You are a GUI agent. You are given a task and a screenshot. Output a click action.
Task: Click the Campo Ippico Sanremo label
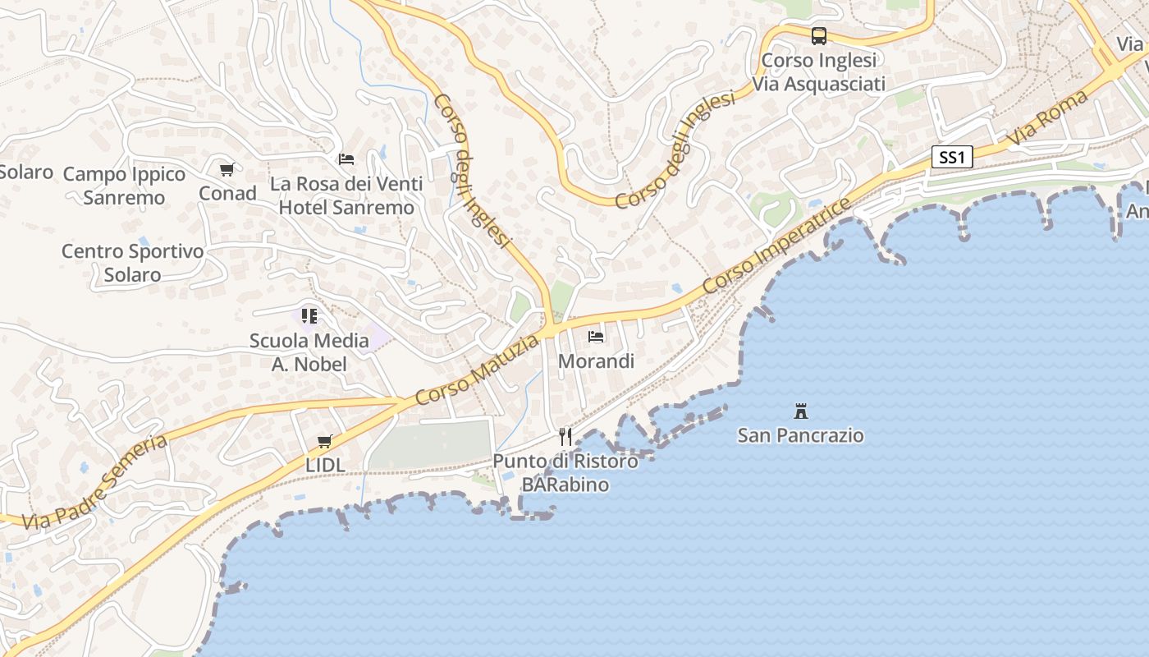click(x=125, y=186)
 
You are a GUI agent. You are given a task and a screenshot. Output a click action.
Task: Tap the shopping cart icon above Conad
click(x=227, y=170)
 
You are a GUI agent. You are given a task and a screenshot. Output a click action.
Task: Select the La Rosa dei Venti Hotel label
click(x=346, y=195)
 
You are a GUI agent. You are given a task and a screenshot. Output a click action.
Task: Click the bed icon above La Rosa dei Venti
click(x=346, y=159)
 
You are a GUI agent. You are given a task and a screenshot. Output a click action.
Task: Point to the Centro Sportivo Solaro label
click(x=132, y=263)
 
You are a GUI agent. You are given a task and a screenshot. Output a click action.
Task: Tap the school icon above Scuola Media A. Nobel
click(x=309, y=315)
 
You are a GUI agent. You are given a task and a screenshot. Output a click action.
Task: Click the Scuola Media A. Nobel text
click(x=309, y=351)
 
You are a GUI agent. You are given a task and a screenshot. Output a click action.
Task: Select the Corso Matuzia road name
click(x=478, y=370)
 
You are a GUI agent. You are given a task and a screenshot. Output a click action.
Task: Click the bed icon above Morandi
click(x=596, y=337)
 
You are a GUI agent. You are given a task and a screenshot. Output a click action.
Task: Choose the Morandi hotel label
click(x=597, y=361)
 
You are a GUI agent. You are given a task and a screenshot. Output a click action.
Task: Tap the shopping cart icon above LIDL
click(x=325, y=441)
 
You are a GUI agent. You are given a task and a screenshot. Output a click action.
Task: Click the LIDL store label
click(x=325, y=465)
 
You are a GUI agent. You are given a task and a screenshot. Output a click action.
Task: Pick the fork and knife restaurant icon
click(x=565, y=436)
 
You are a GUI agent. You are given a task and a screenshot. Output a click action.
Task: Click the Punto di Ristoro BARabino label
click(x=565, y=473)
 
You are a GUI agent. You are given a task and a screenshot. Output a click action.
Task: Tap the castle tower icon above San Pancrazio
click(x=801, y=411)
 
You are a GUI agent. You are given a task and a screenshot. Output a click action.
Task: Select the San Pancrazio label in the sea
click(x=801, y=435)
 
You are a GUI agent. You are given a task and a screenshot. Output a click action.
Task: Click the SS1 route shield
click(x=952, y=157)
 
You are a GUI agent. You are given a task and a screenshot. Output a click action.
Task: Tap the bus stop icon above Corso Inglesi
click(x=819, y=36)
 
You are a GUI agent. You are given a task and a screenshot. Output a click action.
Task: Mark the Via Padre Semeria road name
click(x=94, y=483)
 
